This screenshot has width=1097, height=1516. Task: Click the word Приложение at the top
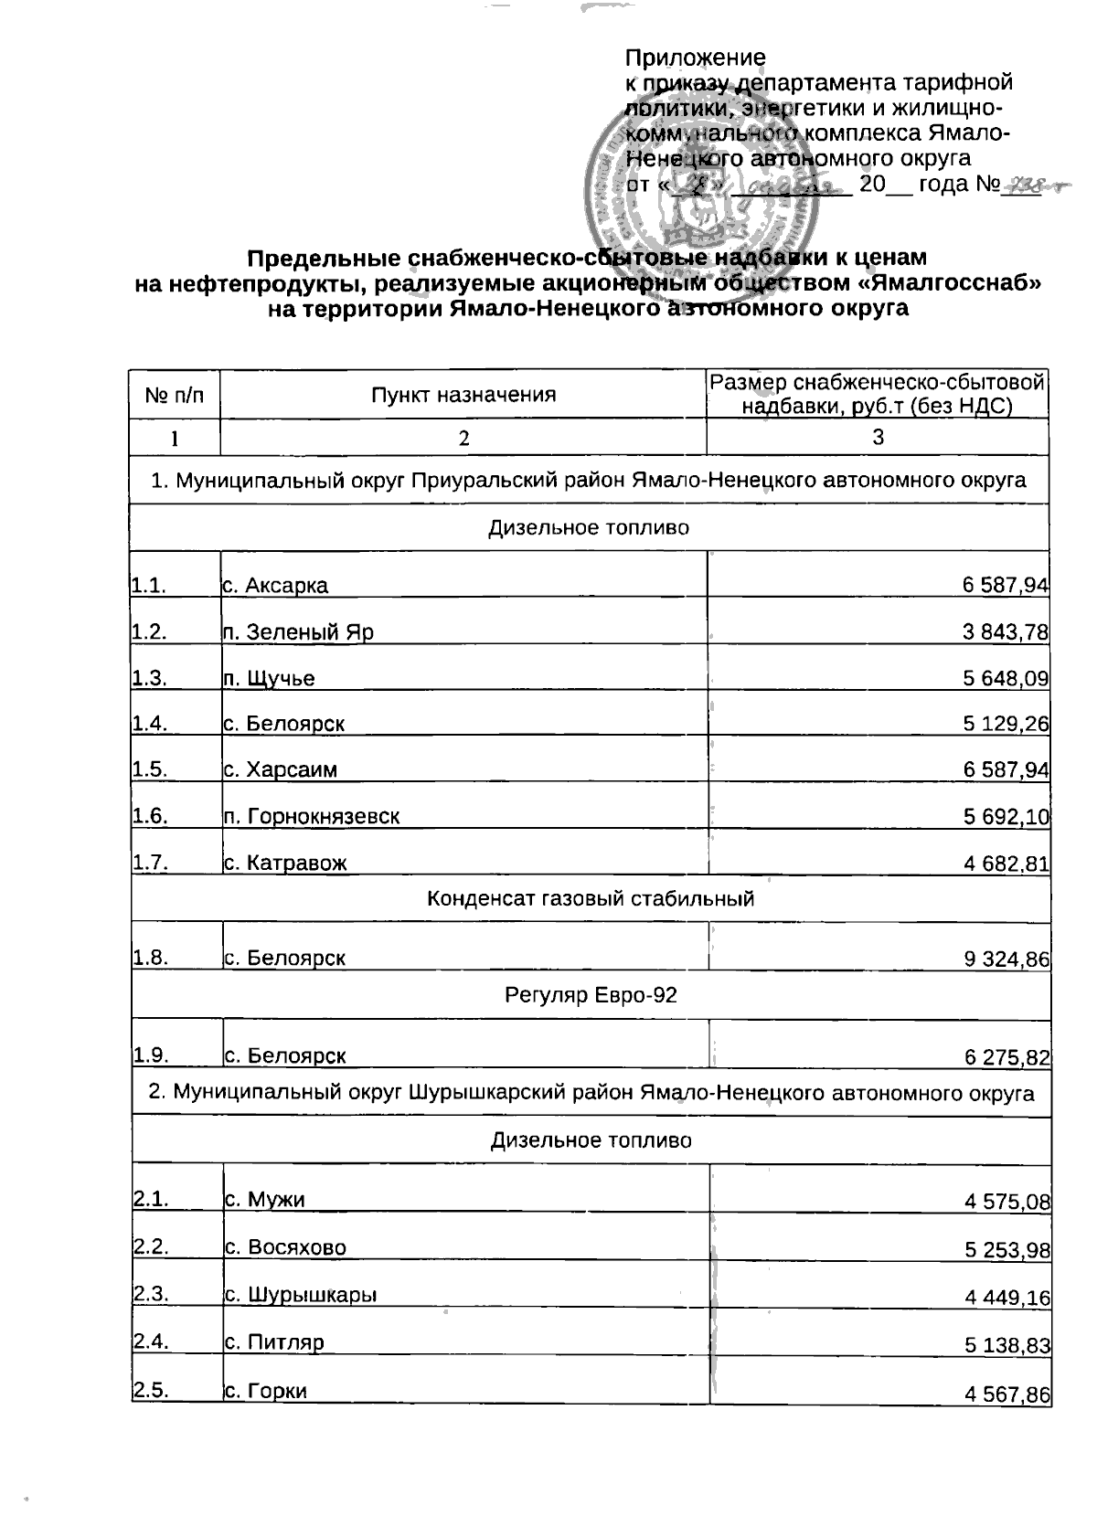pyautogui.click(x=695, y=58)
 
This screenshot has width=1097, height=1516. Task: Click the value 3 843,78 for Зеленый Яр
pyautogui.click(x=1005, y=631)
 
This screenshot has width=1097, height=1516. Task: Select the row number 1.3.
pyautogui.click(x=150, y=678)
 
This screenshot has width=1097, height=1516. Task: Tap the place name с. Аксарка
pyautogui.click(x=275, y=585)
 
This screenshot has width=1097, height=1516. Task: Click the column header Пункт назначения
pyautogui.click(x=463, y=395)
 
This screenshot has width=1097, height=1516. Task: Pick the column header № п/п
pyautogui.click(x=175, y=395)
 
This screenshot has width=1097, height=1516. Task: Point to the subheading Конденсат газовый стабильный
pyautogui.click(x=591, y=898)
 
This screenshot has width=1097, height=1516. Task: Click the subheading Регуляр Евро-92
pyautogui.click(x=591, y=995)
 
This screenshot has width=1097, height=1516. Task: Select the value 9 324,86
pyautogui.click(x=1006, y=959)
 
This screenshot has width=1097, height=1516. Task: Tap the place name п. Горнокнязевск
pyautogui.click(x=312, y=816)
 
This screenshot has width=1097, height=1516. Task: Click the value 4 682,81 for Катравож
pyautogui.click(x=1006, y=863)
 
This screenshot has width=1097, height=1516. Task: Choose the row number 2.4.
pyautogui.click(x=152, y=1341)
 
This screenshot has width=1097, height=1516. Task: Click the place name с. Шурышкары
pyautogui.click(x=301, y=1295)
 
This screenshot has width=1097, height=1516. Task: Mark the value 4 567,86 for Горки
pyautogui.click(x=1007, y=1394)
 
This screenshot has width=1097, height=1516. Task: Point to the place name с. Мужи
pyautogui.click(x=265, y=1199)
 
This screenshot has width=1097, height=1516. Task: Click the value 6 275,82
pyautogui.click(x=1007, y=1057)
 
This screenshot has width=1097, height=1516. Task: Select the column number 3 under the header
pyautogui.click(x=878, y=437)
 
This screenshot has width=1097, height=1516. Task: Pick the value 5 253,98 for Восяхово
pyautogui.click(x=1007, y=1250)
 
